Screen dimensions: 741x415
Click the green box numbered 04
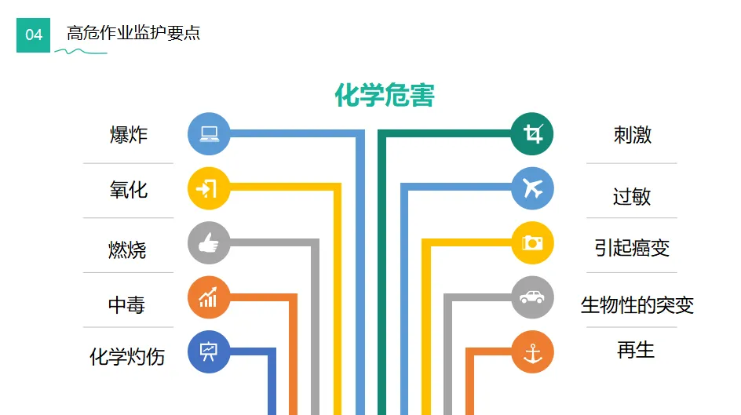[x=34, y=35]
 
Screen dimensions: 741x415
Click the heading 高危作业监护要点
[x=133, y=33]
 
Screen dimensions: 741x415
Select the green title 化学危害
[x=385, y=96]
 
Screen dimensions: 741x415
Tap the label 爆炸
[x=128, y=134]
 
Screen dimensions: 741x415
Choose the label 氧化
[x=128, y=190]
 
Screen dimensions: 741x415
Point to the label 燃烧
[x=127, y=249]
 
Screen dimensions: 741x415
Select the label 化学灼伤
[x=127, y=357]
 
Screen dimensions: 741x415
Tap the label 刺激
[x=633, y=135]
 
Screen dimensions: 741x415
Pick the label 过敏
[x=632, y=195]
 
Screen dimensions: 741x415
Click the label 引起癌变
[x=632, y=248]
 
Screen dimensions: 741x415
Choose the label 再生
[x=635, y=350]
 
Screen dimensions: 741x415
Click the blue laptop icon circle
[x=209, y=134]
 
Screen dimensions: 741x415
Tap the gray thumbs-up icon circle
[x=209, y=243]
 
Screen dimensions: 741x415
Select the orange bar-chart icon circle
[x=209, y=298]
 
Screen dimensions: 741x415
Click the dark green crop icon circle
[x=532, y=134]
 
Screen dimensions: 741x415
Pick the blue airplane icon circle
[x=532, y=188]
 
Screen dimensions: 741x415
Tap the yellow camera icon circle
[x=532, y=243]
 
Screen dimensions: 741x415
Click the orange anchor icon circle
[x=532, y=352]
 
